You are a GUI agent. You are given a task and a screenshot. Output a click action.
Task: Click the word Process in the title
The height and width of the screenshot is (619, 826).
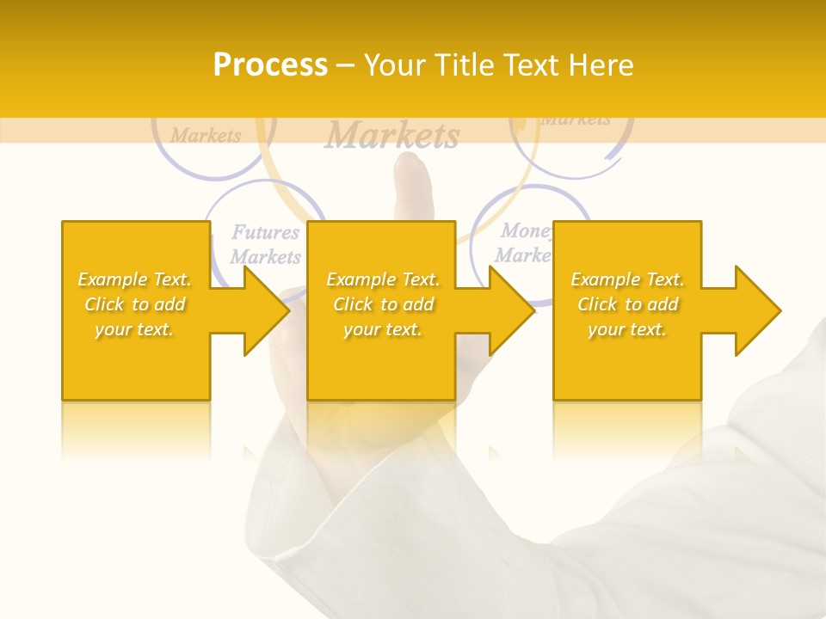(270, 64)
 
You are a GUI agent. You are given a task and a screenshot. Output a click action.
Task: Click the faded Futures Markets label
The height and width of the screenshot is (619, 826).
(266, 243)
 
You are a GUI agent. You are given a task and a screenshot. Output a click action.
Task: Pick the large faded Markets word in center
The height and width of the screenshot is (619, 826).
(392, 135)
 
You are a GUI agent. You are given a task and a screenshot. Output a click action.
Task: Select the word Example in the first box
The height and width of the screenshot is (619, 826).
(113, 279)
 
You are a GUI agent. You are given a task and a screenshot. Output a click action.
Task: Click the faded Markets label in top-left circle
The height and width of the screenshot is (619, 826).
(206, 135)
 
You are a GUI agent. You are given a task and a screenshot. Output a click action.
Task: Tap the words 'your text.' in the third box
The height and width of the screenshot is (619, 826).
(627, 329)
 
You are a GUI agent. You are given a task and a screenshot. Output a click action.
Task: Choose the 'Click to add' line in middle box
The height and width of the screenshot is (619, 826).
(383, 304)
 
